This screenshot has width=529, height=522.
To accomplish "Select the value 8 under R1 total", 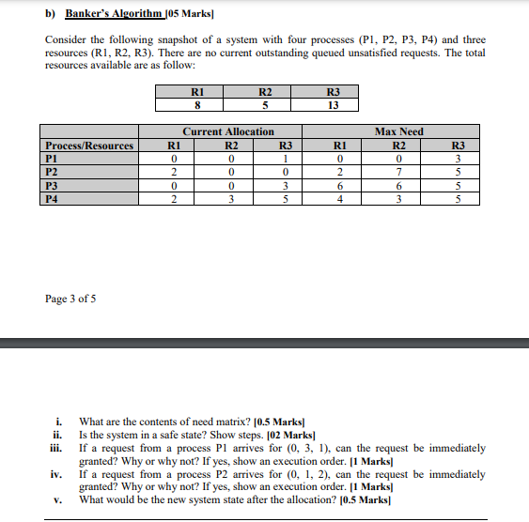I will [x=196, y=105].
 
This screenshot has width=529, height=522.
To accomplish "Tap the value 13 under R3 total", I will [x=332, y=105].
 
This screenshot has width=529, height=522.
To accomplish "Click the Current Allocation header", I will [x=228, y=131].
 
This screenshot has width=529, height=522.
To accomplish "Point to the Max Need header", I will [x=398, y=131].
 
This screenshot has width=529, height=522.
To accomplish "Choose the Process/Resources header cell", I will [x=89, y=146].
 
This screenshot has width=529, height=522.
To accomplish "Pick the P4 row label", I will [x=53, y=198].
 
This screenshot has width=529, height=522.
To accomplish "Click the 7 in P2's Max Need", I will [x=398, y=172].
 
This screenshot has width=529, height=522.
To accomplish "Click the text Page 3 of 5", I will [x=70, y=299].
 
